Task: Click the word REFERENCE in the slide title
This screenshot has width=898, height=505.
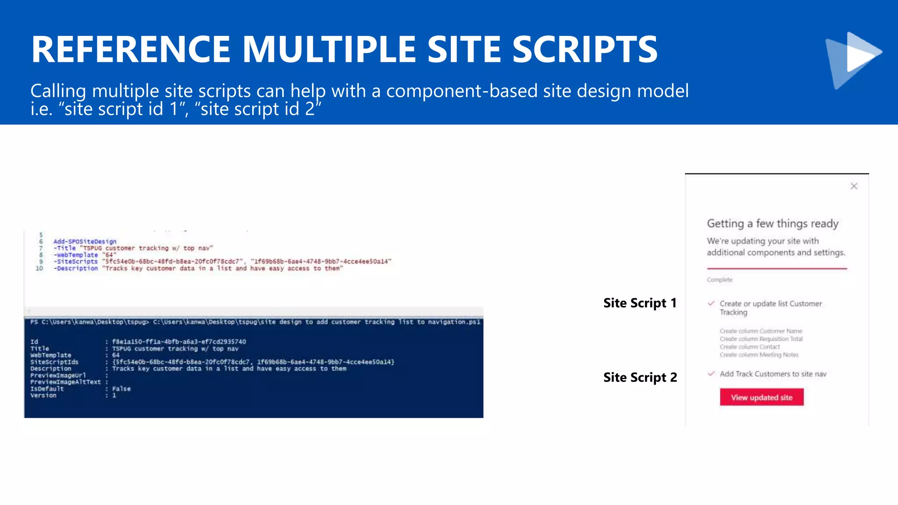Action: [x=131, y=49]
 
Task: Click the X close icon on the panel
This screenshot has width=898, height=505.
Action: [x=854, y=186]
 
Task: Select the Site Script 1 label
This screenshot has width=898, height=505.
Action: [x=640, y=303]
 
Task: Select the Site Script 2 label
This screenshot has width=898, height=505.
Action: [x=640, y=377]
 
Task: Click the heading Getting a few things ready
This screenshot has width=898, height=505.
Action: [x=772, y=224]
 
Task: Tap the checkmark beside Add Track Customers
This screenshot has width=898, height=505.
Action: [x=711, y=373]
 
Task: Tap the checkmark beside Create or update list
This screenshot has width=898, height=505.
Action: [x=711, y=303]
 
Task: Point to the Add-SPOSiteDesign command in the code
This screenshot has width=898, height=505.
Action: [x=85, y=242]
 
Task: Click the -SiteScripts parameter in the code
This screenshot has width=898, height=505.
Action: [x=75, y=262]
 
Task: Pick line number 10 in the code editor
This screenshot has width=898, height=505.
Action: [x=39, y=268]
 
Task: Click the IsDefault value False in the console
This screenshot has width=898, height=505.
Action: [x=121, y=389]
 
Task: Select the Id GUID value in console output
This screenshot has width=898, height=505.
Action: [x=179, y=342]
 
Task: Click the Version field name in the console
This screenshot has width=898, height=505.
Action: [x=43, y=395]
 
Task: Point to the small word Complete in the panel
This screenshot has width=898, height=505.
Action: [x=719, y=280]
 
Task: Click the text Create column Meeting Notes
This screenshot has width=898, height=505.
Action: [x=759, y=355]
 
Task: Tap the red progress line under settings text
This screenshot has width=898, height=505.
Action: [x=777, y=268]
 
